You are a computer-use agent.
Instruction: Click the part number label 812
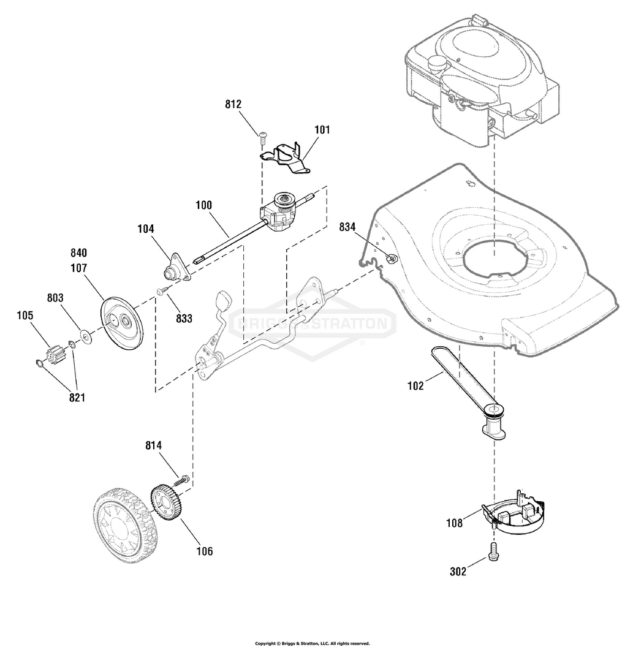[233, 104]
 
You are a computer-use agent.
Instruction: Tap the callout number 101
[322, 129]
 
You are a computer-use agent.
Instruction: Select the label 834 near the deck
[347, 227]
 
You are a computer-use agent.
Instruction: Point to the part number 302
[458, 572]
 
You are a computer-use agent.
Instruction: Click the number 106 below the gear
[205, 551]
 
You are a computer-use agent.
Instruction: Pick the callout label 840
[78, 252]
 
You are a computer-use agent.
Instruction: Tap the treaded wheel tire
[125, 526]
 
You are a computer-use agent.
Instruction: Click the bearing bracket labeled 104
[176, 268]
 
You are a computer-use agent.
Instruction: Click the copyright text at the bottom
[312, 643]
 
